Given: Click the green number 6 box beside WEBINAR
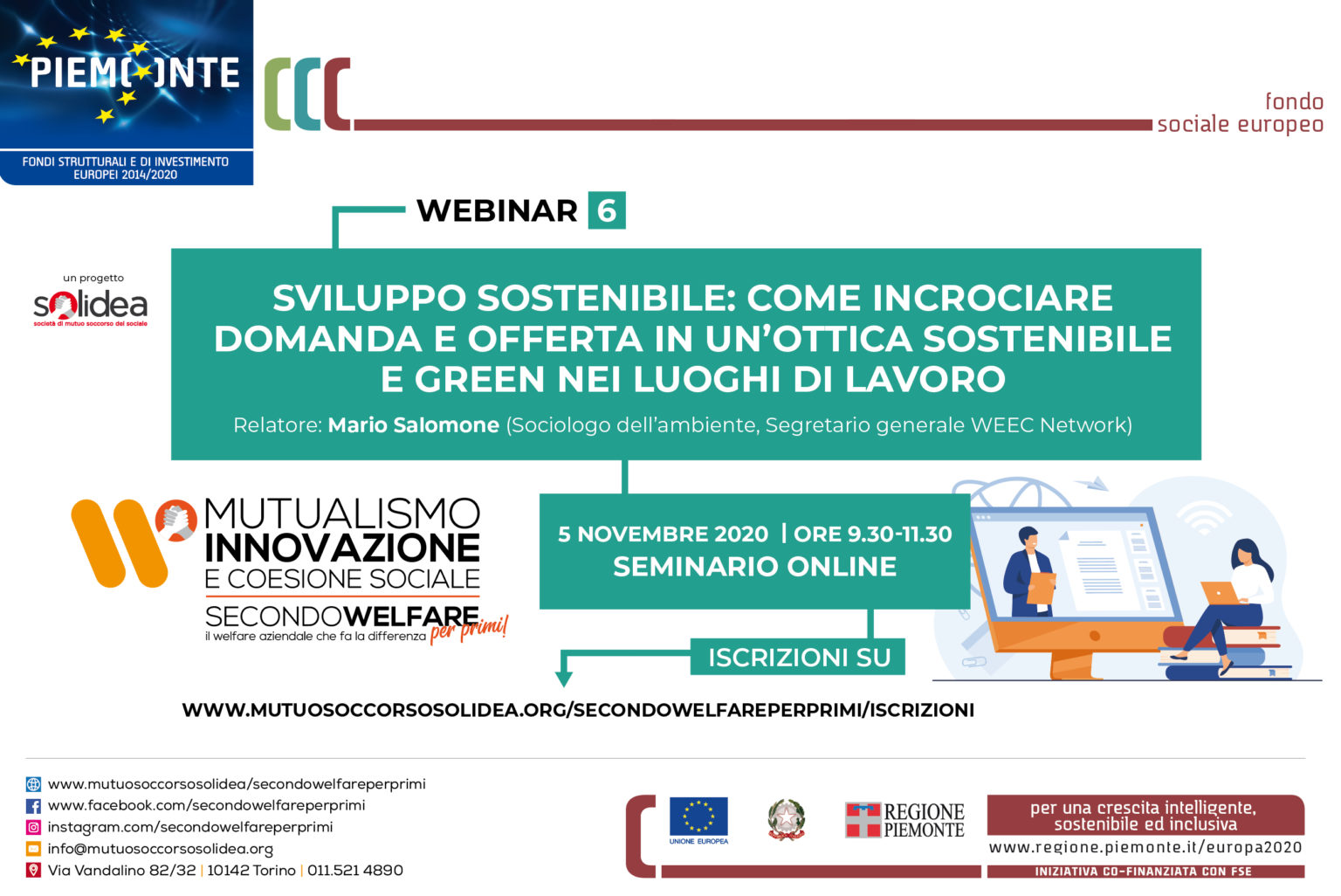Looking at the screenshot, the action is coord(607,210).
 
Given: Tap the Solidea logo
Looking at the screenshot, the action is coord(91,307).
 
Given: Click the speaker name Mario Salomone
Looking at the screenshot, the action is coord(413,424).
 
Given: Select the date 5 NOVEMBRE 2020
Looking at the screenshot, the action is coord(663,534).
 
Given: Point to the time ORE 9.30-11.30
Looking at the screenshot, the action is coord(872,534).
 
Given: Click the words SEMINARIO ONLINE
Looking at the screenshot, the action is coord(755,566).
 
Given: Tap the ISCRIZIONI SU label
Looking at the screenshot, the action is coord(799,657).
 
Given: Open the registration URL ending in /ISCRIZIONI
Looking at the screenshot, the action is coord(578,710).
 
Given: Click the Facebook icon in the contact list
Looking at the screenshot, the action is coord(33,806).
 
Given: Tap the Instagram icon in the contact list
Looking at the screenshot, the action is coord(33,827).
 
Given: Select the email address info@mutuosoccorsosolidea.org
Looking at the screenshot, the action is coord(161,850).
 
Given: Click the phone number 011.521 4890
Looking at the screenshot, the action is coord(355,871).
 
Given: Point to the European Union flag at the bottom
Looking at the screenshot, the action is coord(698,816).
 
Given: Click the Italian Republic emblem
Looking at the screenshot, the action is coord(787,819).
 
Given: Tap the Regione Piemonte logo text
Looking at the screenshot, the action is coord(924,821).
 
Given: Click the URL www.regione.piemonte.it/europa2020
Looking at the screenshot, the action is coord(1145,847).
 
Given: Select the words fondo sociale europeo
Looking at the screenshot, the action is coord(1240,113).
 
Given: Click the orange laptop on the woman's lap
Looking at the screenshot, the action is coord(1220,593).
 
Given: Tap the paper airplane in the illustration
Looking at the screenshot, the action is coord(1091,483).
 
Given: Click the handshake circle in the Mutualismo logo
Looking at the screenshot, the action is coord(176,520).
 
